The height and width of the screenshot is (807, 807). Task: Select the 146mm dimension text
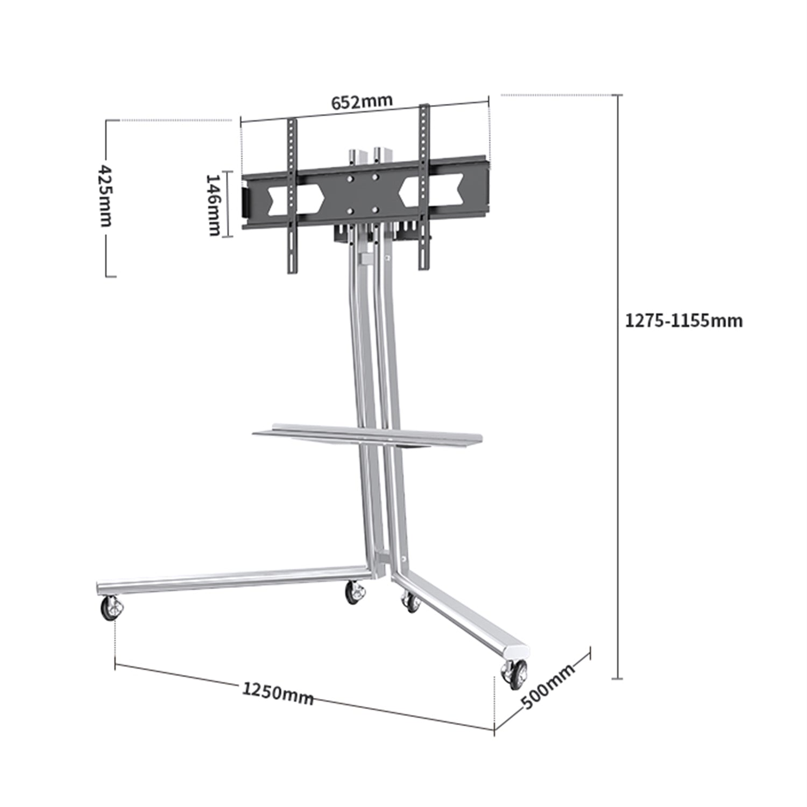(x=214, y=204)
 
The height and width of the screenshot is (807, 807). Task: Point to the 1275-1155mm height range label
(x=683, y=321)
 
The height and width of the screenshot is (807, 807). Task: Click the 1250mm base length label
(x=278, y=692)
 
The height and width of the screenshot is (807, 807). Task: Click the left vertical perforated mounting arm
(x=292, y=196)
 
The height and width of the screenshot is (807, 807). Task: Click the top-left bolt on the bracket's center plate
(x=350, y=179)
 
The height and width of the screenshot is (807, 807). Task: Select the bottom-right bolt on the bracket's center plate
(x=376, y=209)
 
